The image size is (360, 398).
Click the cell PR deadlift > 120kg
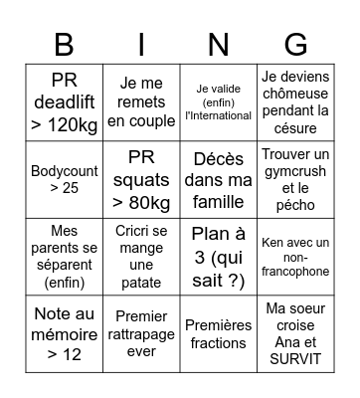pos(64,101)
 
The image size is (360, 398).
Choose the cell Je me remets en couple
pos(141,101)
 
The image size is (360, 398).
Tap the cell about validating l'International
pos(219,101)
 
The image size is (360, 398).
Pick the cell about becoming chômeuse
pos(295,101)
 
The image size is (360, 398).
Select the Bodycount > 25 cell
pos(64,178)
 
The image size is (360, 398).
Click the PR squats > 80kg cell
pos(141,178)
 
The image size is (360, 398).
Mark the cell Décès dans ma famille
pos(219,178)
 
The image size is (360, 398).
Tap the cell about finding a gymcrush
pos(295,178)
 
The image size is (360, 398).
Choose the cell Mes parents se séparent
pos(64,256)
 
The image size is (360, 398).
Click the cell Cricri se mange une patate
pos(141,256)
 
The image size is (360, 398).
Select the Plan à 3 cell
pos(219,256)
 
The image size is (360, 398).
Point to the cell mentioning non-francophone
pos(295,256)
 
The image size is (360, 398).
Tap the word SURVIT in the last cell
pos(295,359)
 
